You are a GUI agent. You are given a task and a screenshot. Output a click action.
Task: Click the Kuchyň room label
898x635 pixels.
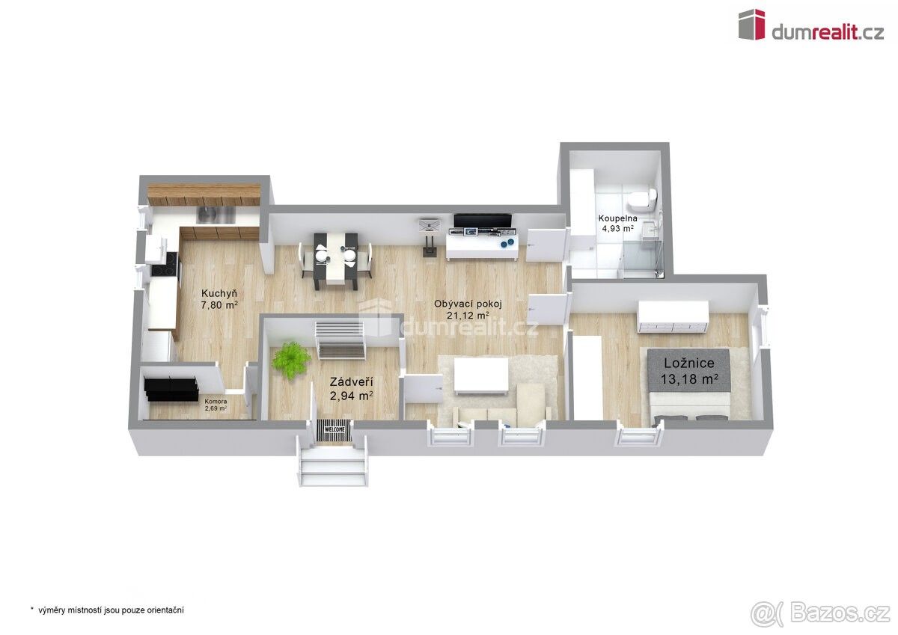coord(219,294)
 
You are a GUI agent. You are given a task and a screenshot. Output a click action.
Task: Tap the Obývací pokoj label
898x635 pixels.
coord(468,304)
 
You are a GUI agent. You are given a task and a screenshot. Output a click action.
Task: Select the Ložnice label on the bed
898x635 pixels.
coord(688,363)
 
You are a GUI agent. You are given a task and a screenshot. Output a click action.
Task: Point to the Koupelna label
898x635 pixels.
coord(617,218)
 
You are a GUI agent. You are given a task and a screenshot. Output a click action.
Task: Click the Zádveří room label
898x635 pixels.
coord(351,381)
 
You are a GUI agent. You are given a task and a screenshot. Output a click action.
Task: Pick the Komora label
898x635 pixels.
coord(216,402)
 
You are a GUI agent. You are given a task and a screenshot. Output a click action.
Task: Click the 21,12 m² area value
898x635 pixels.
coord(468,316)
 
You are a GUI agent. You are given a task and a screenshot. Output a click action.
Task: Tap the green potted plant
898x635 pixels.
coord(291,359)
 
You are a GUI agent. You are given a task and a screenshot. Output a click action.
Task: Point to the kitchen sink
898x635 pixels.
coord(216,215)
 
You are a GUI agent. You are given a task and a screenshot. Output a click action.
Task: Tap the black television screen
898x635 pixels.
coord(482,221)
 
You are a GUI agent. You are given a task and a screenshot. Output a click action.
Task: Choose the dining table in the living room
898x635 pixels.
coord(335,259)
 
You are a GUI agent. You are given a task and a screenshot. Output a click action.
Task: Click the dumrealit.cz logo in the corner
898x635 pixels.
coord(811,25)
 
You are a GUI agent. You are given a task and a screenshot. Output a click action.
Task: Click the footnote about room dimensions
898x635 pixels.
coord(107,610)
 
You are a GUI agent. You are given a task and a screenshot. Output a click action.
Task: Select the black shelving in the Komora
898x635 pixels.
coord(171,389)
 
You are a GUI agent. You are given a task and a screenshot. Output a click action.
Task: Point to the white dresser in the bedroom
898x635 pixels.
coord(673,317)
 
